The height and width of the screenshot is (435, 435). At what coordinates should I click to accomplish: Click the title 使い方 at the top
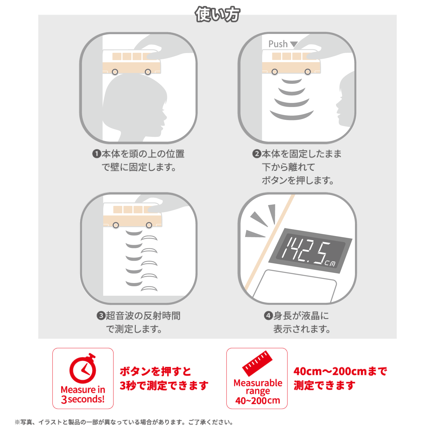tap(217, 14)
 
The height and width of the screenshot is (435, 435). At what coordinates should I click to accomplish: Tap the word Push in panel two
tap(278, 44)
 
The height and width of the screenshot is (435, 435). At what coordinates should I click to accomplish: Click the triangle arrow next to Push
tap(294, 44)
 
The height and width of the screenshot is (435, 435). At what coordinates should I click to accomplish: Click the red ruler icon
tap(257, 364)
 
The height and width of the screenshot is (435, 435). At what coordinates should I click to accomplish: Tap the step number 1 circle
tap(96, 154)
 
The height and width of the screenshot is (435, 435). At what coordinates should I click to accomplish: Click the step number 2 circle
tap(257, 154)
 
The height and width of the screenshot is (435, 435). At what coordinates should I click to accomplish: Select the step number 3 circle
tap(101, 316)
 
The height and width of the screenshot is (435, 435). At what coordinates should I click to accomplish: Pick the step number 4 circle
tap(268, 316)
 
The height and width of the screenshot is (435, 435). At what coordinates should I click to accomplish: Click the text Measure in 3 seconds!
tap(83, 394)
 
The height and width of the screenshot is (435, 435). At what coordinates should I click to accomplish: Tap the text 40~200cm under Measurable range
tap(258, 400)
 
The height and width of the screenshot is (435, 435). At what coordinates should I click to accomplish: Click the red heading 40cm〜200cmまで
tap(340, 371)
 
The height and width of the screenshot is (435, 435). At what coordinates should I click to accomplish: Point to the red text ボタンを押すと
tap(155, 371)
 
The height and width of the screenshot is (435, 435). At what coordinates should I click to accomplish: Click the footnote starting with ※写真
tap(124, 422)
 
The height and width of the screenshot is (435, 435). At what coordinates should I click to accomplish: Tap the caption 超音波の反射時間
tap(143, 316)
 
